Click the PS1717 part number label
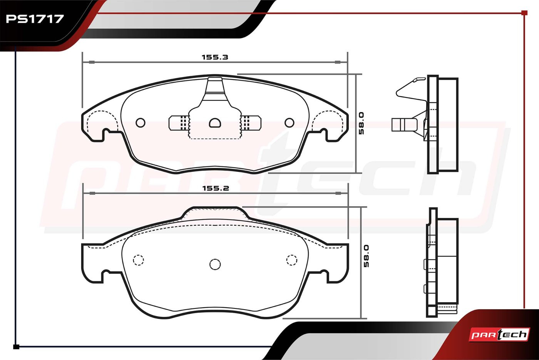(x=35, y=19)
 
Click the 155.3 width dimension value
(x=215, y=57)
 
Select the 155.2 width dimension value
(x=216, y=188)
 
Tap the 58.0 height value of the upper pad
(x=361, y=123)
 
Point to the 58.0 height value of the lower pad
(x=366, y=256)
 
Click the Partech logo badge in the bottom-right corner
(x=499, y=335)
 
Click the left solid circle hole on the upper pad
(x=141, y=123)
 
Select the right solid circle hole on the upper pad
(x=289, y=123)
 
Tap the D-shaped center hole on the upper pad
(x=215, y=123)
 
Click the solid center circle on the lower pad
(x=215, y=265)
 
